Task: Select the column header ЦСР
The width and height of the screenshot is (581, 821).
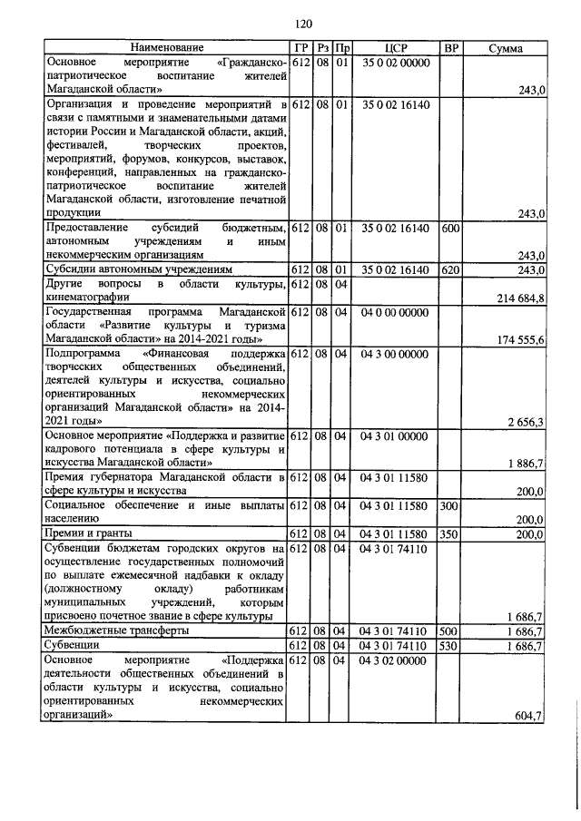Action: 393,47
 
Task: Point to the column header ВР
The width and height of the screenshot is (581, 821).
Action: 449,47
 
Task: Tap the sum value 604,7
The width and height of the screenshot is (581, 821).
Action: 527,716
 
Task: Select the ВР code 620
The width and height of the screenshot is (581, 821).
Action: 449,269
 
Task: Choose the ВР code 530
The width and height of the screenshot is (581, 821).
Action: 449,646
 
